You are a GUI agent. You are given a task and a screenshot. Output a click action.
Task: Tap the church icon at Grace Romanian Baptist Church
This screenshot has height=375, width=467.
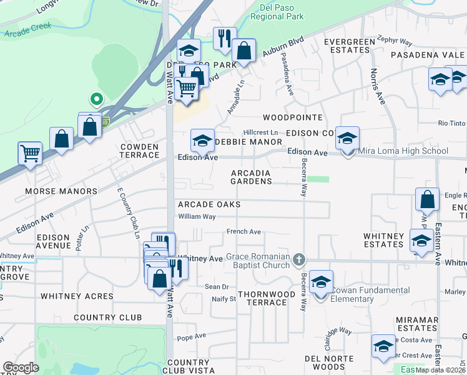coord(300,259)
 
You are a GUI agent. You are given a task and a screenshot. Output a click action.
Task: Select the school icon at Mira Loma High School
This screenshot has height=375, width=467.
coord(347,140)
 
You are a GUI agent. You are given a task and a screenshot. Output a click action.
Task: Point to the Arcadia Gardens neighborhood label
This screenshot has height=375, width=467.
coord(251,177)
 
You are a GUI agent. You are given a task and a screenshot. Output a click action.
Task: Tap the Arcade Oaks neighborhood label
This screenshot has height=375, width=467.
coord(209,204)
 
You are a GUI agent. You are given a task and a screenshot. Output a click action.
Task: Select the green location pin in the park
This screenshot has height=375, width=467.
coord(96,99)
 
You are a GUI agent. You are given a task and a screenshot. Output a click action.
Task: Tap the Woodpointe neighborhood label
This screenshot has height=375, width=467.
coord(292,117)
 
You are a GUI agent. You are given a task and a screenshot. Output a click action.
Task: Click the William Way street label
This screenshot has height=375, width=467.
coord(197,217)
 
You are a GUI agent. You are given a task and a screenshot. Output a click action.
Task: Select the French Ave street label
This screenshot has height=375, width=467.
coord(243,231)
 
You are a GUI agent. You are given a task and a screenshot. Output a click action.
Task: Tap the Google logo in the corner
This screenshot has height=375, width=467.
coord(21,367)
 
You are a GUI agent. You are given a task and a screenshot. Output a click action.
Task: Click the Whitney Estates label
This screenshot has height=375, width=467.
coord(383,240)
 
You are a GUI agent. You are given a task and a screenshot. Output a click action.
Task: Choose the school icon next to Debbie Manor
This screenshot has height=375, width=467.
coord(202,142)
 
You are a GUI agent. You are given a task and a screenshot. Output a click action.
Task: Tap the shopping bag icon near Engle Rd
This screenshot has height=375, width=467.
coord(428,201)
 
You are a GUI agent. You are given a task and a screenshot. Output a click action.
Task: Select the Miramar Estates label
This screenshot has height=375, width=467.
coord(416,324)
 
